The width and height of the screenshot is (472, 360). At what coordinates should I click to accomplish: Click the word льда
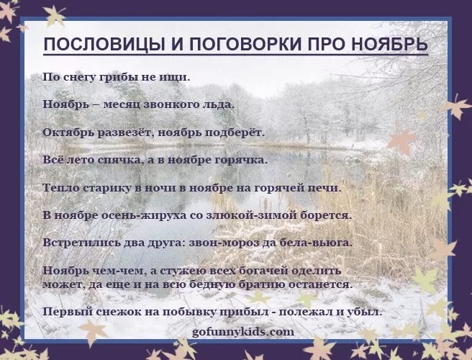[217, 104]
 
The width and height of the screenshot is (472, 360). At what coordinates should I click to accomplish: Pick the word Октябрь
[68, 132]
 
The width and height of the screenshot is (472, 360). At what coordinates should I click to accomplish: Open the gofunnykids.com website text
[243, 332]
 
